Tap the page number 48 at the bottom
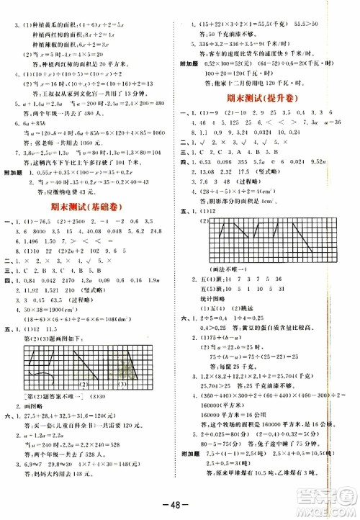[181, 502]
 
